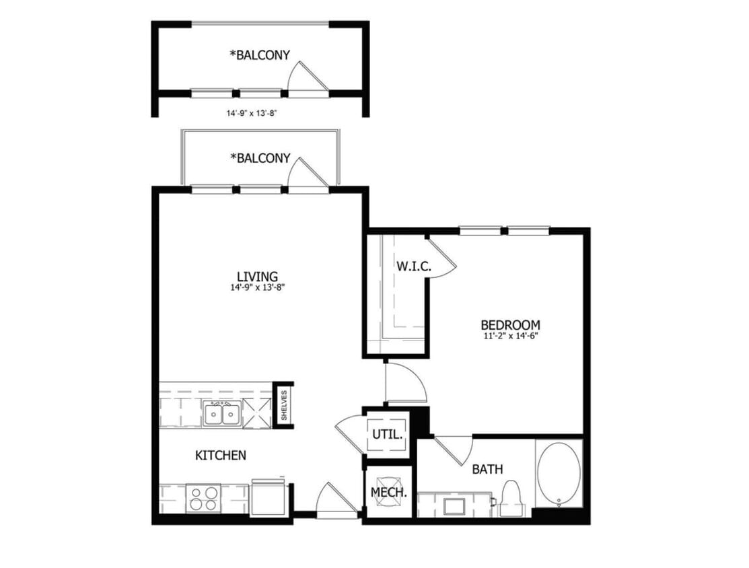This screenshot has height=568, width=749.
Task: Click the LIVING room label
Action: point(257,276)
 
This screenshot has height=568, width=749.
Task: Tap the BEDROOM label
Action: point(510,324)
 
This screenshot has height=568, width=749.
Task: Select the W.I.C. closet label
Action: point(413,266)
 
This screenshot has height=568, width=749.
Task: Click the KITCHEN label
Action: point(220,456)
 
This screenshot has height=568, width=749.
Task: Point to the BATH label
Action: point(487,469)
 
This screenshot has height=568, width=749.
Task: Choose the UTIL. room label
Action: point(388,435)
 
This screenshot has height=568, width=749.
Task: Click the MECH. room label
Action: point(389,493)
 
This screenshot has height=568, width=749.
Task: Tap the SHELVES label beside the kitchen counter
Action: point(284,405)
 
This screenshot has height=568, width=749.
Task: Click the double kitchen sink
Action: point(222,414)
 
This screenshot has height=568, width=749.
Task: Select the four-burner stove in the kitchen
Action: point(203,499)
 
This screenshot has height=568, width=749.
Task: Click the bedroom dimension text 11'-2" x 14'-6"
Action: point(510,336)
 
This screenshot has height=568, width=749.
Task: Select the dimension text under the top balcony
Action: point(252,114)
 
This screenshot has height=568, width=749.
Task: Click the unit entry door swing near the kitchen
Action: point(334,501)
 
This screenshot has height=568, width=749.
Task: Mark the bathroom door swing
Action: point(454,450)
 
